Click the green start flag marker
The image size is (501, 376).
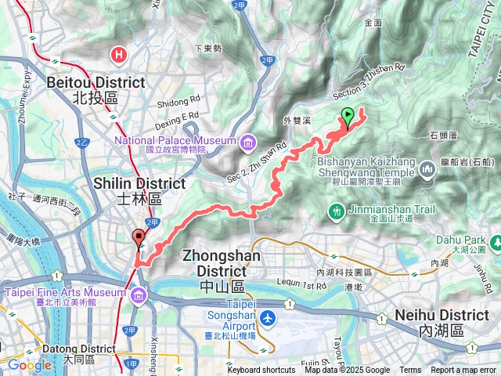click(x=348, y=117)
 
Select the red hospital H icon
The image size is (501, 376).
click(x=118, y=55)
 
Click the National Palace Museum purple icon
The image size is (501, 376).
click(x=247, y=142)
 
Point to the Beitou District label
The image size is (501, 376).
click(x=96, y=82)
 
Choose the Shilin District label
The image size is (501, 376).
click(x=139, y=183)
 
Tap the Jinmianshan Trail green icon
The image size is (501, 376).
click(x=336, y=210)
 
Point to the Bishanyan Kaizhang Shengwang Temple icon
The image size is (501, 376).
click(x=427, y=168)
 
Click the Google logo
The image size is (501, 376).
click(x=29, y=365)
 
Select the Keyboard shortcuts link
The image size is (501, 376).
click(x=261, y=371)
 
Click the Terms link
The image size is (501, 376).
click(x=410, y=371)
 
